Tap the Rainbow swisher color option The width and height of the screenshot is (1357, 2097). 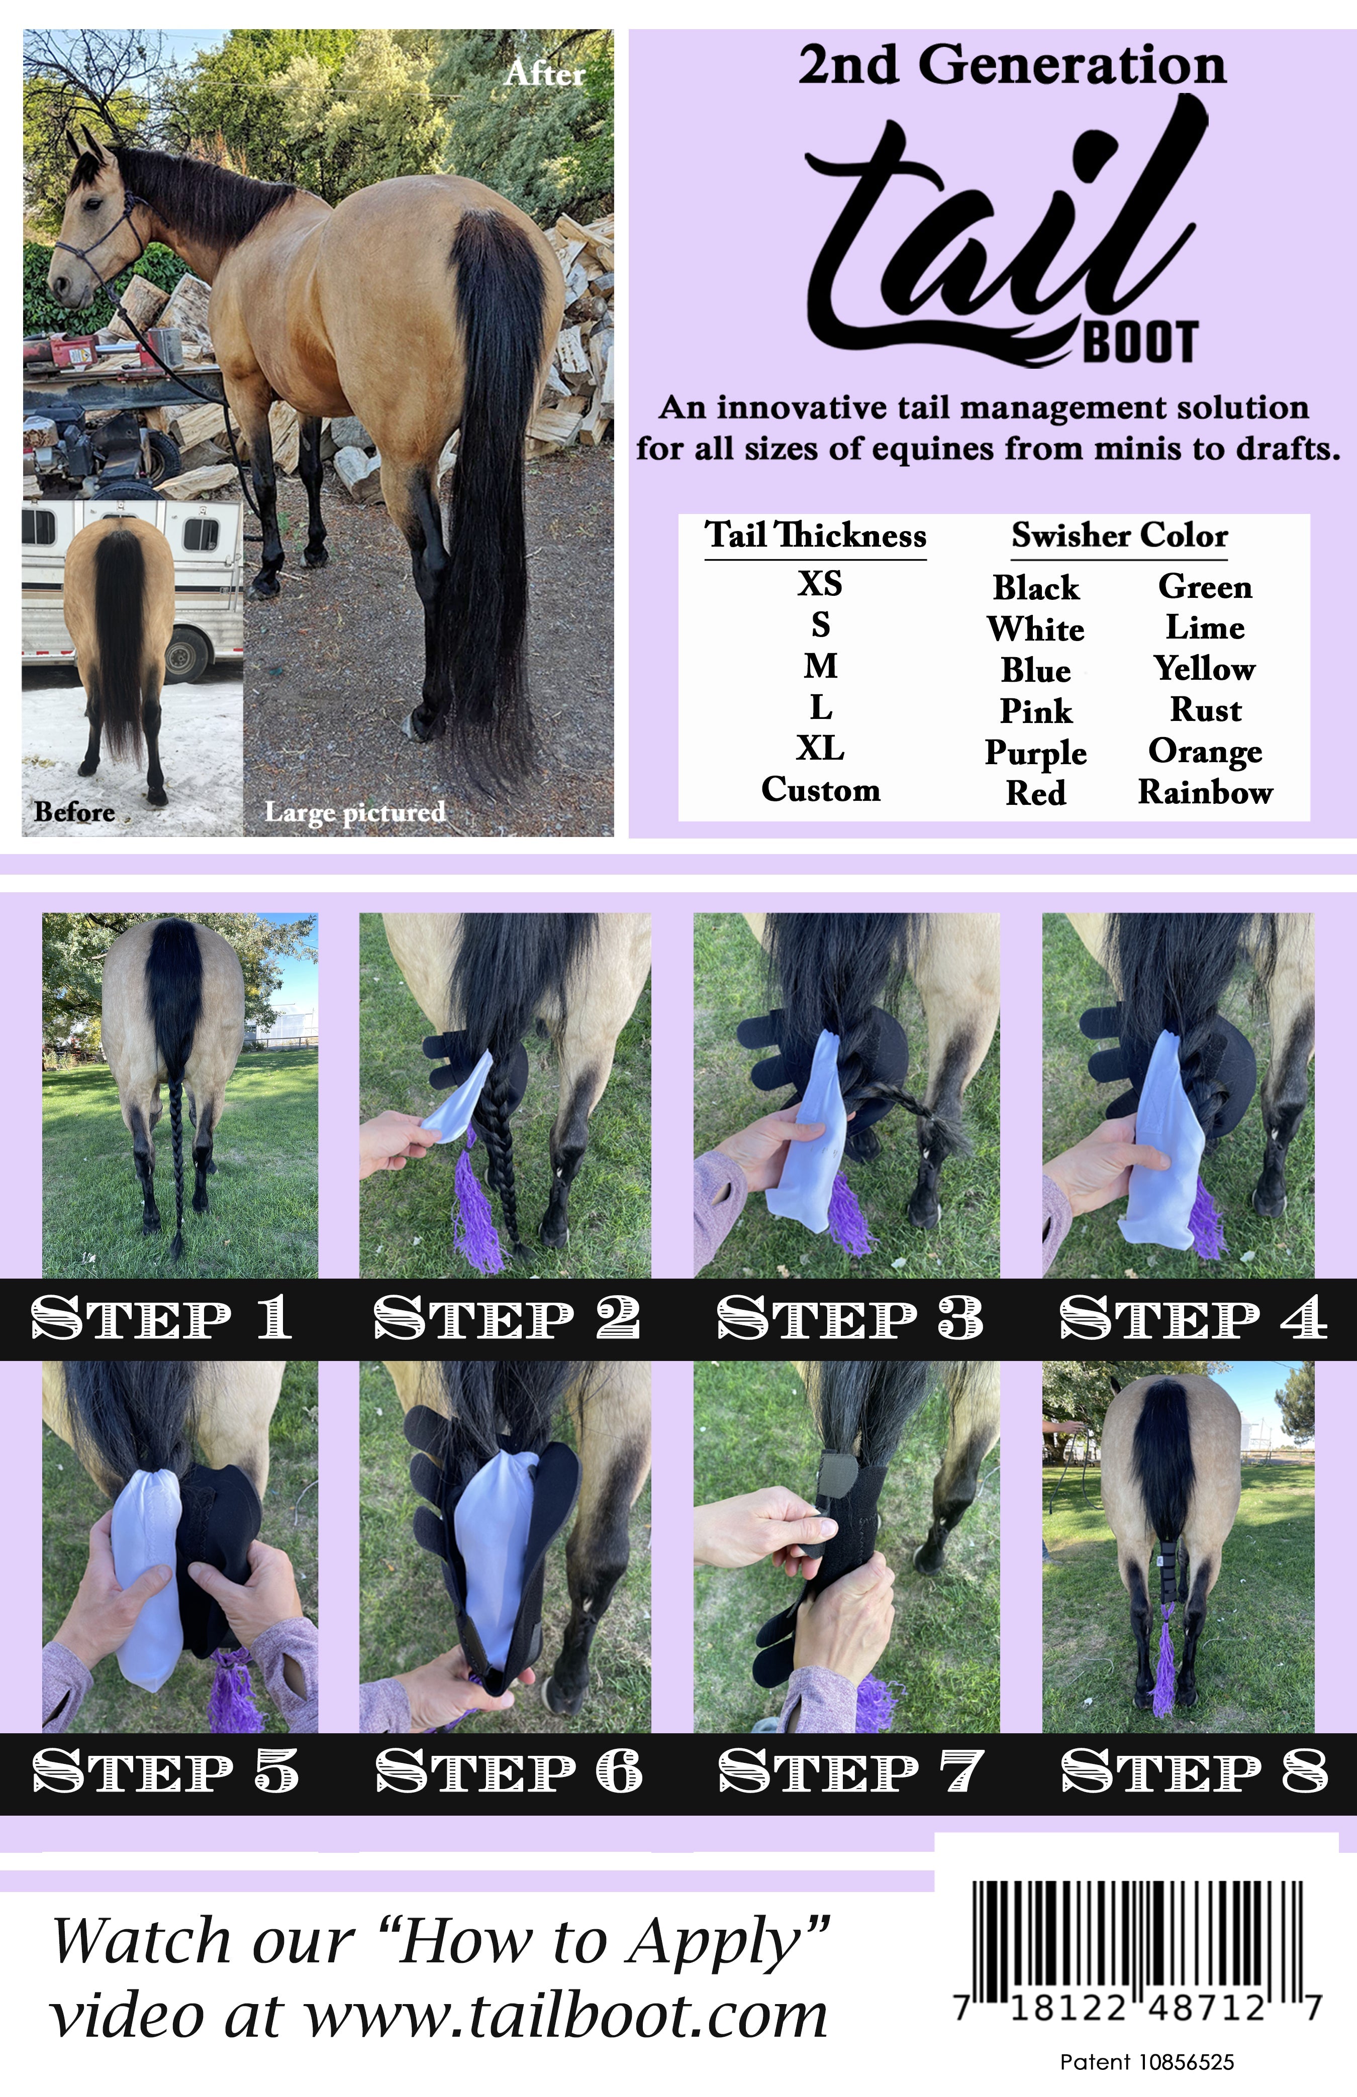coord(1205,792)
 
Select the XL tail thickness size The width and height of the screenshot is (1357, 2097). coord(820,749)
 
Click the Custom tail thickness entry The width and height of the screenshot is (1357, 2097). coord(820,790)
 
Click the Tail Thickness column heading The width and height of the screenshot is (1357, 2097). coord(815,536)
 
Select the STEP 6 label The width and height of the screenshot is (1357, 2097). coord(509,1771)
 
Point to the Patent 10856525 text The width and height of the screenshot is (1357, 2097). coord(1146,2062)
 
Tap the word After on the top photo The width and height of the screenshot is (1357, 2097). coord(545,74)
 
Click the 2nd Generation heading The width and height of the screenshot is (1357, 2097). coord(1012,66)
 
